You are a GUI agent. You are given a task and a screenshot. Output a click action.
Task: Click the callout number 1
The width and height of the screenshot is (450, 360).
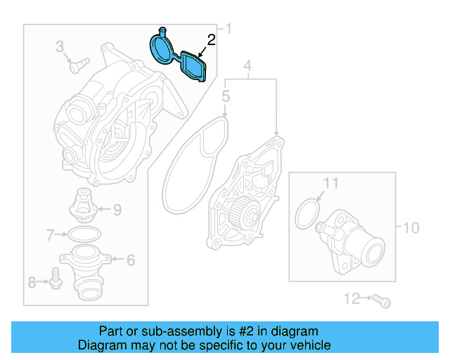click(227, 29)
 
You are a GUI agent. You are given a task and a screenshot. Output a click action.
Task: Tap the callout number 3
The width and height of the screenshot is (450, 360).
click(60, 48)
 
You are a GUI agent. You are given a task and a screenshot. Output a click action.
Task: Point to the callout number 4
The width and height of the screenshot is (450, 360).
click(247, 67)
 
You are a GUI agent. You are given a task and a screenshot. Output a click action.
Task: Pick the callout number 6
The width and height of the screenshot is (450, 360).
click(130, 259)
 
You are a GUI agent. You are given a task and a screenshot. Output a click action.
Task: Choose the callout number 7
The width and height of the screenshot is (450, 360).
click(50, 233)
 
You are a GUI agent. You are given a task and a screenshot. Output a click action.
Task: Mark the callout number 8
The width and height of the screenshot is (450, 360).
click(32, 283)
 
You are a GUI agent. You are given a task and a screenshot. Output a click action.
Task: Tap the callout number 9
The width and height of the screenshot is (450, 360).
click(117, 209)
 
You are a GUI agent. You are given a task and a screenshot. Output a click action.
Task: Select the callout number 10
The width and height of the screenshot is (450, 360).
click(411, 228)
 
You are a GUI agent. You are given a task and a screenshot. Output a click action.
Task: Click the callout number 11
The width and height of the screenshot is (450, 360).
click(330, 184)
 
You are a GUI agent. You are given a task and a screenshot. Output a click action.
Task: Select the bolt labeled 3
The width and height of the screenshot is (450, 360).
click(77, 65)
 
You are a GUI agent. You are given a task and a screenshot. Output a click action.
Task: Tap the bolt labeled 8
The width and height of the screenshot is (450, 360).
click(56, 280)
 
